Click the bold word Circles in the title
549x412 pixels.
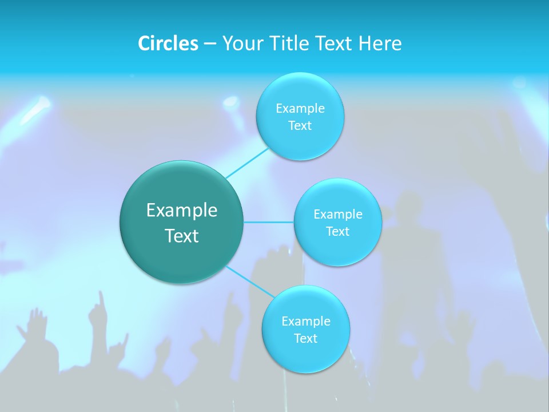click(x=168, y=43)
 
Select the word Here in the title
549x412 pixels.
click(x=380, y=43)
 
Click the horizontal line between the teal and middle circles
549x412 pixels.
click(x=269, y=222)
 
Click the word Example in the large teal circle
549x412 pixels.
click(x=181, y=211)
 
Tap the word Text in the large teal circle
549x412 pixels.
click(x=181, y=236)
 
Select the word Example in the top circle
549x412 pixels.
click(x=300, y=109)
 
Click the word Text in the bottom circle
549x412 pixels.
click(x=305, y=338)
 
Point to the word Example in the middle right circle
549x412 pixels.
click(x=337, y=215)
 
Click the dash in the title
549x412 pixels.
click(x=210, y=43)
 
